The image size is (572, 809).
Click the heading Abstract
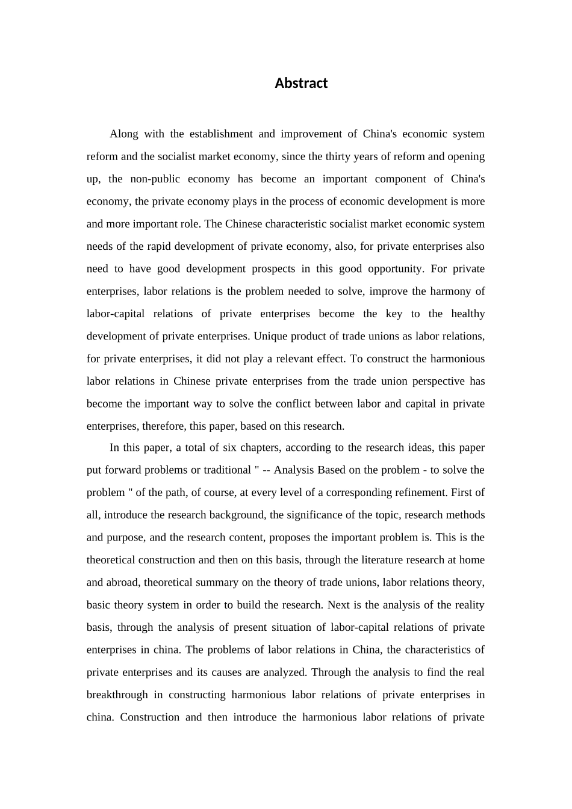coord(301,83)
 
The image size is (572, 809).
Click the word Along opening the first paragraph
coord(123,134)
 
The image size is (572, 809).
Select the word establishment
coord(220,134)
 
